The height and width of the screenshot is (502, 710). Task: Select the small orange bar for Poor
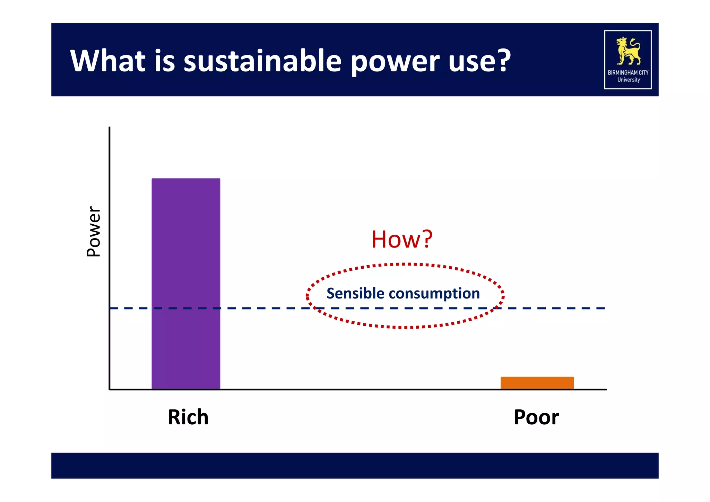pyautogui.click(x=537, y=383)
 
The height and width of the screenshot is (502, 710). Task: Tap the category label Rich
pyautogui.click(x=188, y=417)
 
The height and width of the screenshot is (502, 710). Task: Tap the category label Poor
pyautogui.click(x=536, y=417)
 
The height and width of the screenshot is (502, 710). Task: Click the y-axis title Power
pyautogui.click(x=94, y=231)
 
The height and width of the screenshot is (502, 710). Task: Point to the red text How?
pyautogui.click(x=402, y=239)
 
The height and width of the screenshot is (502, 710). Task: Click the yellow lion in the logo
pyautogui.click(x=628, y=51)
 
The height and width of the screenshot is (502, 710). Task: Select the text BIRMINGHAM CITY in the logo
pyautogui.click(x=628, y=72)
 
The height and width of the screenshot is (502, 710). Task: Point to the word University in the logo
pyautogui.click(x=628, y=80)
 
